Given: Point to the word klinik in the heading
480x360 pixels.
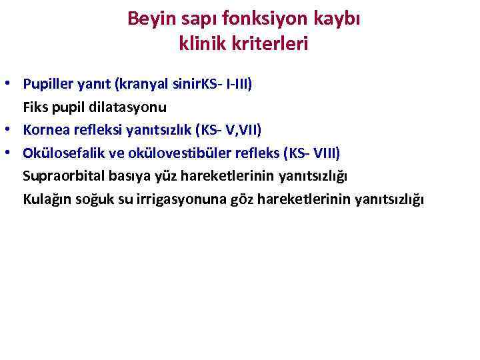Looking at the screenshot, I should pos(201,45).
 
